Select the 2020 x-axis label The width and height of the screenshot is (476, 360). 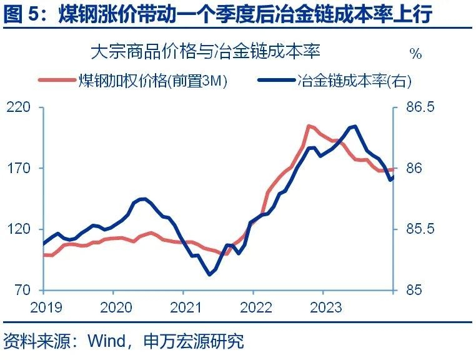coord(114,307)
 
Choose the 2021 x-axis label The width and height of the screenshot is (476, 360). coord(184,307)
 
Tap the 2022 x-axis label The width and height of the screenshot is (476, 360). coord(254,307)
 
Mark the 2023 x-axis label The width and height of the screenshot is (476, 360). coord(324,307)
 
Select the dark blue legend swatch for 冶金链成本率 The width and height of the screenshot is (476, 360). coord(275,81)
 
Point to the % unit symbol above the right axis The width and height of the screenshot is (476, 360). coord(415,54)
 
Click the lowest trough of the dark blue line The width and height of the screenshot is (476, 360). coord(210,274)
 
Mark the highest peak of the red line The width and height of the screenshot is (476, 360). coord(309,126)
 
